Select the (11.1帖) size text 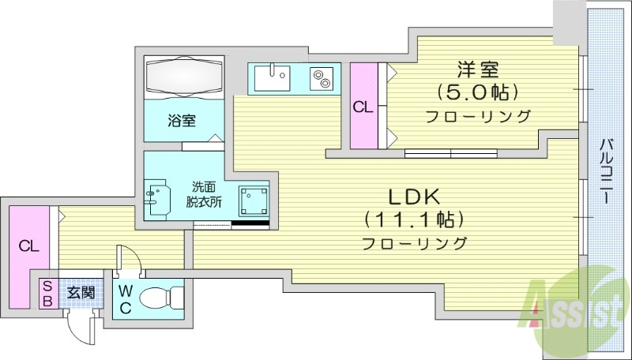coord(413,219)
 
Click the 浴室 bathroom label coord(182,121)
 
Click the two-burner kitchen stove coord(322,79)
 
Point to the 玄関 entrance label coord(80,292)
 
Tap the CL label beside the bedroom coord(363,107)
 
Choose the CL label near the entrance coord(28,246)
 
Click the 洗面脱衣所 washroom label coord(204,194)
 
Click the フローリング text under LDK coord(414,242)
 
